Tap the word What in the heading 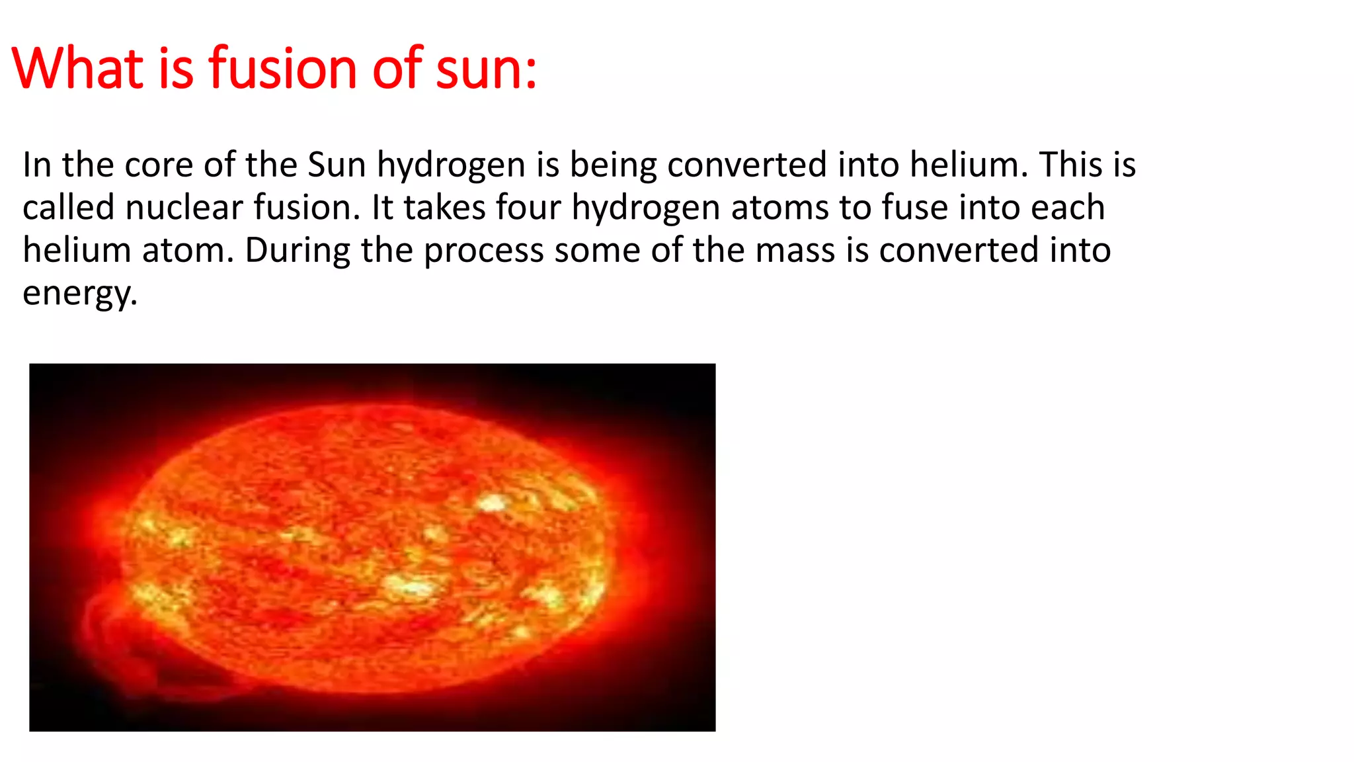(x=77, y=68)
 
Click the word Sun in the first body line (x=337, y=165)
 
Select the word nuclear (x=184, y=208)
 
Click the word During (x=298, y=251)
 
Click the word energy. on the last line (x=80, y=294)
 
